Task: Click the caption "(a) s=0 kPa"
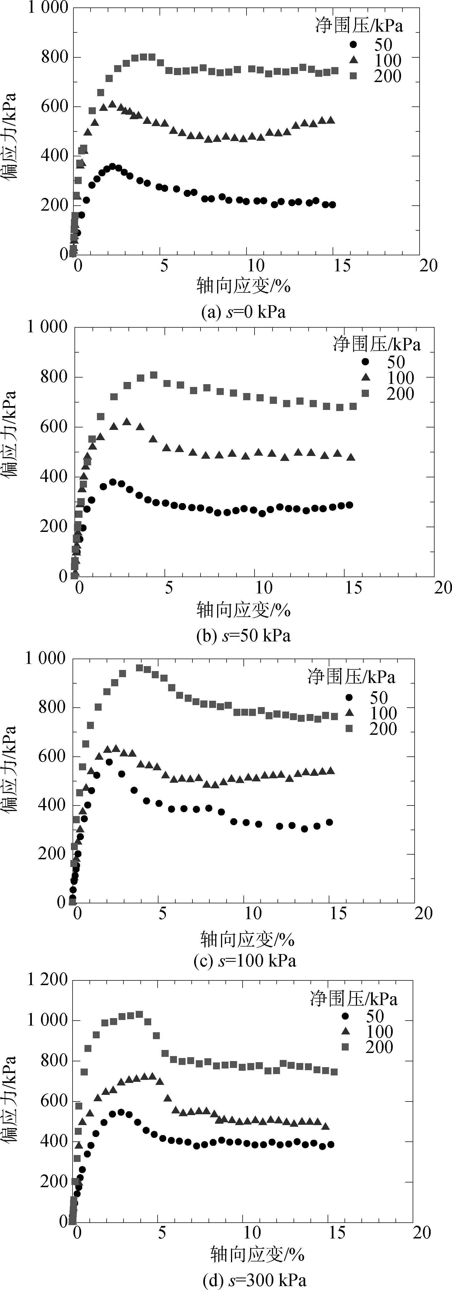[x=243, y=312]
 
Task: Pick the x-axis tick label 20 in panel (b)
[x=443, y=587]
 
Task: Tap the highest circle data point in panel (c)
[x=109, y=762]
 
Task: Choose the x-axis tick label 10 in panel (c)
[x=253, y=913]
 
